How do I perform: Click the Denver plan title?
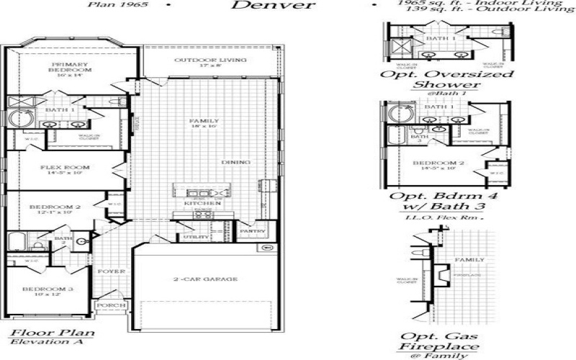274,6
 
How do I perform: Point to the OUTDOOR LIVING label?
212,60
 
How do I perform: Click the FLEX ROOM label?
66,168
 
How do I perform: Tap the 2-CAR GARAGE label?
205,279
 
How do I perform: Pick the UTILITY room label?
196,236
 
